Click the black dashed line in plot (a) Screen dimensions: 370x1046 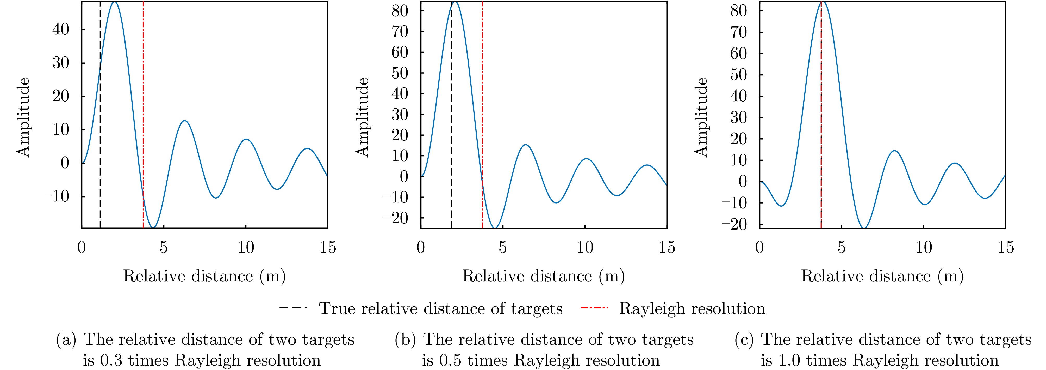coord(100,122)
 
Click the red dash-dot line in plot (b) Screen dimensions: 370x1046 coord(482,102)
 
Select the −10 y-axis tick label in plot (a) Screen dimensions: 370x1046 coord(57,196)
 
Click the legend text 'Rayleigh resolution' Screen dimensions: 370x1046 coord(692,309)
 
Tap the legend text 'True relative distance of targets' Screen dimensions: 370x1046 coord(441,309)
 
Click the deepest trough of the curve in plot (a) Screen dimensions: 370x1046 coord(153,226)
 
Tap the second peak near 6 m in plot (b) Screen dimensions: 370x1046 coord(525,145)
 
